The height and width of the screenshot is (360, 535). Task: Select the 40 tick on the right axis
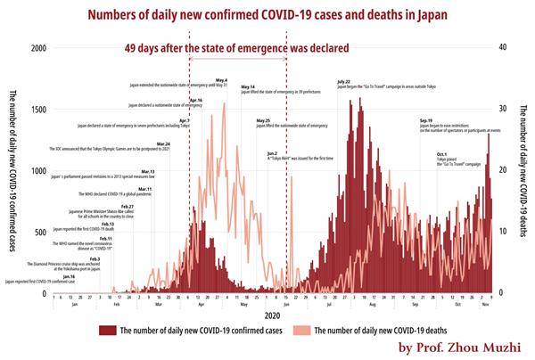click(504, 47)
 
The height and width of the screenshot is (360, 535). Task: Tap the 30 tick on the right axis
click(504, 109)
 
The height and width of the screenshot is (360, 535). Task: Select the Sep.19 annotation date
click(426, 120)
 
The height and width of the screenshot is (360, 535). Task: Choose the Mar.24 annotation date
click(162, 143)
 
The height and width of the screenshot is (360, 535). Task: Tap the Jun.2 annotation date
click(272, 153)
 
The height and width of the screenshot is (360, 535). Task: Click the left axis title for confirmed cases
click(12, 170)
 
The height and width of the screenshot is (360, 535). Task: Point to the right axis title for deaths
click(524, 170)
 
